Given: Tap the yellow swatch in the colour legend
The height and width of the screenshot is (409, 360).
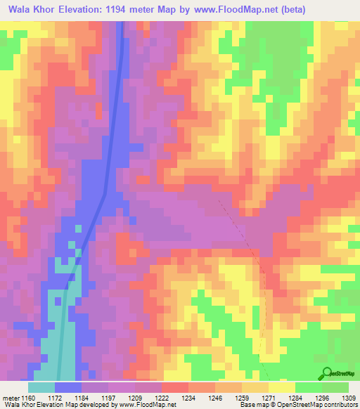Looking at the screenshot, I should coord(282,387).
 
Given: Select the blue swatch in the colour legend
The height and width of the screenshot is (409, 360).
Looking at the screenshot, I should coord(67,387).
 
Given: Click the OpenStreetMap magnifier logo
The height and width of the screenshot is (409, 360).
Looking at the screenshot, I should coord(326,373).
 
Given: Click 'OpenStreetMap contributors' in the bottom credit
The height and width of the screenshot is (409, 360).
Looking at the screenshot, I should coord(323,405).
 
